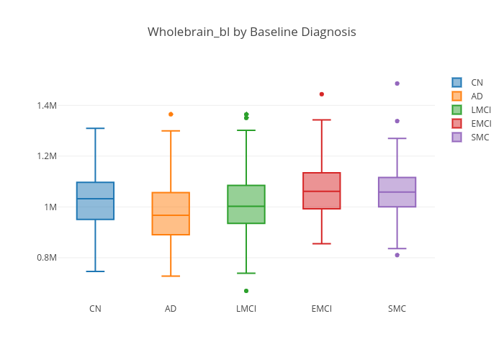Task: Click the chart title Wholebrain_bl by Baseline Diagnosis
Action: (251, 32)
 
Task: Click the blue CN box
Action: (95, 201)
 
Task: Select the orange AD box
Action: (171, 214)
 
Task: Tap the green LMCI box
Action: (246, 204)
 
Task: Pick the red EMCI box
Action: (322, 191)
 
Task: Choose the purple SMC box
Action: (397, 192)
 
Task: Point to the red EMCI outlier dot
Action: (322, 94)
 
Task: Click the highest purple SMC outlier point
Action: (397, 84)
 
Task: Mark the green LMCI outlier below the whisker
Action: (246, 291)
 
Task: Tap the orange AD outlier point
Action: (171, 114)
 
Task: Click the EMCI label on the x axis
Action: (322, 309)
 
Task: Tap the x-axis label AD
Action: (171, 309)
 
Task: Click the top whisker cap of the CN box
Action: (95, 128)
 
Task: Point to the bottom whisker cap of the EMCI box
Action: (322, 244)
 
